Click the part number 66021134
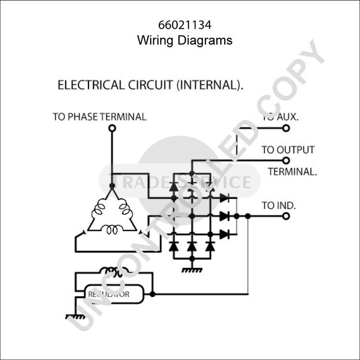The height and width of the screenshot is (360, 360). coord(184,24)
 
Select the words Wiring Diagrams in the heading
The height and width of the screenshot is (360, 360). coord(184,40)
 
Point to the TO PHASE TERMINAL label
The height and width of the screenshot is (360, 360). coord(99,117)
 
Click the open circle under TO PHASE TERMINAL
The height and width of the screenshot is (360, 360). coord(112,128)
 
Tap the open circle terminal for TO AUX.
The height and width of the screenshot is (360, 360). coord(286,128)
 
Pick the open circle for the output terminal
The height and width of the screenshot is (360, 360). coord(286,161)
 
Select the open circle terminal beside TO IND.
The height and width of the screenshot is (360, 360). coord(286,216)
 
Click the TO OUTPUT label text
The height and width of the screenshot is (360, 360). coord(288,150)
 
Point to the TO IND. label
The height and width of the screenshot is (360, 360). coord(279,205)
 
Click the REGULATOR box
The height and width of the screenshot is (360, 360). coord(114,294)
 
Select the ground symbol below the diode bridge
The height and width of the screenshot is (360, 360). coord(192,270)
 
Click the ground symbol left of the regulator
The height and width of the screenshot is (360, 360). coord(75,316)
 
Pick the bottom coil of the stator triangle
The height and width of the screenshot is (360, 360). coord(112,230)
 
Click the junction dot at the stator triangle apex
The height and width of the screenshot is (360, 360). coord(112,186)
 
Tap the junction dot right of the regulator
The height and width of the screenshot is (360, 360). coord(153,294)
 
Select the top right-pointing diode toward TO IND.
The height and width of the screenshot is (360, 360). coord(224,197)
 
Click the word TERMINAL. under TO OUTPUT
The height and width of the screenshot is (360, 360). coord(292,172)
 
